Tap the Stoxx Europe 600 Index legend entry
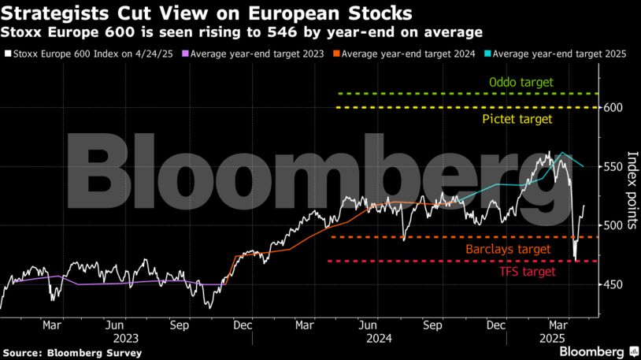click(x=89, y=54)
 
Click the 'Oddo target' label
click(x=521, y=82)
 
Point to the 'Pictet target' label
click(x=517, y=119)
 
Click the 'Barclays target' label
click(x=507, y=249)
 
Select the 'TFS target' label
click(x=527, y=272)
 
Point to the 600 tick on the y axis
click(x=614, y=108)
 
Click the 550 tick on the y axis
click(x=614, y=167)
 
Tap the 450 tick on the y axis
click(x=614, y=285)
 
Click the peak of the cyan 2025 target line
click(x=561, y=153)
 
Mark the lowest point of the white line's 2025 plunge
click(x=576, y=261)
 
